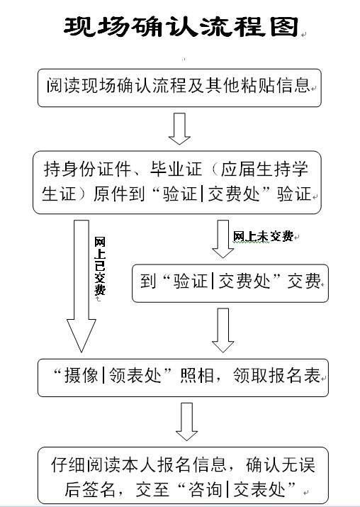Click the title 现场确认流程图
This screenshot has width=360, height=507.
[x=181, y=26]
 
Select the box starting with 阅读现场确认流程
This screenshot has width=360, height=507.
[x=179, y=88]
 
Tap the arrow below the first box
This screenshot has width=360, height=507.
[x=179, y=128]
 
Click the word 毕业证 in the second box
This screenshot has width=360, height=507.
[x=176, y=169]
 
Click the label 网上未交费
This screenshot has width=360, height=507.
[x=263, y=237]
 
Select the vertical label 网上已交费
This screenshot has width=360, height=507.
[x=100, y=266]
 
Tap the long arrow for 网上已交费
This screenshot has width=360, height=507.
[x=81, y=286]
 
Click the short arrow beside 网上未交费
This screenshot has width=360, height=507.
[x=223, y=239]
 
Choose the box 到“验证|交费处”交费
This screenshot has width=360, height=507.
[x=230, y=283]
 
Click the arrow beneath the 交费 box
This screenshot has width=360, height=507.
[x=223, y=330]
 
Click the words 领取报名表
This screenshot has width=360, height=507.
[x=276, y=376]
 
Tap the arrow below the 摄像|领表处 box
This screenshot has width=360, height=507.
[x=186, y=422]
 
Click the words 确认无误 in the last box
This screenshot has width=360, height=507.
[x=281, y=464]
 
